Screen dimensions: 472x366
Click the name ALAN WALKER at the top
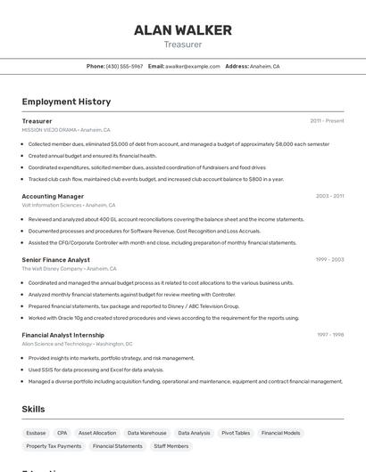pos(183,30)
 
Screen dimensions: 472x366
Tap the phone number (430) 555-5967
pos(124,66)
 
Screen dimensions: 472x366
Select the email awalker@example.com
pos(192,66)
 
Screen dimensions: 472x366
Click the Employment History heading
pos(66,102)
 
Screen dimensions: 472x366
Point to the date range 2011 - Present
pos(327,121)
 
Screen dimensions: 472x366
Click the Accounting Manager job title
pos(53,196)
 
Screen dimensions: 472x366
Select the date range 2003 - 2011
pos(329,196)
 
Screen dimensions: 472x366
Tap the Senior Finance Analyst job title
pos(55,260)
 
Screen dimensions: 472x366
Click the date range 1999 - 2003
pos(329,260)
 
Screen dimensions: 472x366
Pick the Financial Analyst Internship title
pos(63,335)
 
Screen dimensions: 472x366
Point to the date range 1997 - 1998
pos(330,335)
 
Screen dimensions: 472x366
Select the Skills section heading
pos(34,409)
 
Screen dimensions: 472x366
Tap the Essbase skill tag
pos(36,433)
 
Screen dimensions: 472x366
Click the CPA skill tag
pos(62,433)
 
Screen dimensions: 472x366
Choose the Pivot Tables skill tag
pos(236,433)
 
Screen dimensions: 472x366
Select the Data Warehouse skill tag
pos(146,433)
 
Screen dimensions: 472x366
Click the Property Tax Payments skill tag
pos(54,446)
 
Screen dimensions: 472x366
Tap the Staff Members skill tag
pos(171,446)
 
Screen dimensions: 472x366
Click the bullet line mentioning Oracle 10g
pos(163,317)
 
